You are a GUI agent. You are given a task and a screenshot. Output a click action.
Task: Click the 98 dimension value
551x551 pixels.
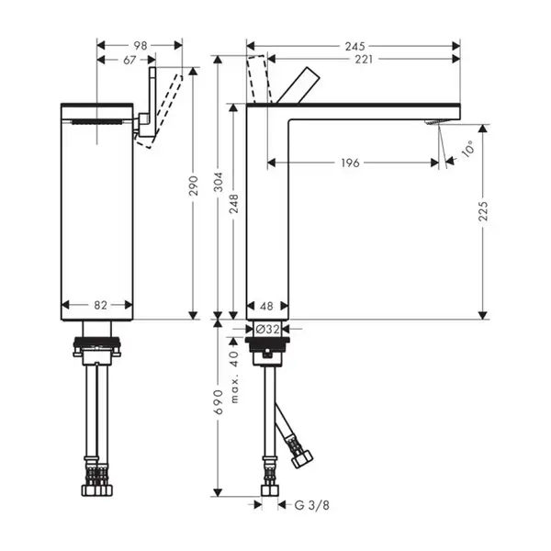[141, 46]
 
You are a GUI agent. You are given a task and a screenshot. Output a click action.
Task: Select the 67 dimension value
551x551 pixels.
[129, 60]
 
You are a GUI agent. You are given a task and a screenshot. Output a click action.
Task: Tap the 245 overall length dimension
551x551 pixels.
[354, 46]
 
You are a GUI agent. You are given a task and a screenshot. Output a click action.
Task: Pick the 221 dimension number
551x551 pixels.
[364, 60]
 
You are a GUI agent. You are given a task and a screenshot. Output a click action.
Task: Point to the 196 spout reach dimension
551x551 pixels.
[351, 163]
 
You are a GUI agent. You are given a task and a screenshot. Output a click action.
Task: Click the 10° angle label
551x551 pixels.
[468, 148]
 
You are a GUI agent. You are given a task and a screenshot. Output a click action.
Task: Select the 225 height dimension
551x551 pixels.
[483, 211]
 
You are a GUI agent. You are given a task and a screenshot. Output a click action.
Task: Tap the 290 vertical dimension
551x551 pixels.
[194, 186]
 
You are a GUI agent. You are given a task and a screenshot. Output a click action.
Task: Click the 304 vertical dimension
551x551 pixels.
[219, 182]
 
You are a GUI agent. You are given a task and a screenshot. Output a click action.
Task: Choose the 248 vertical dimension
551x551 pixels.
[233, 203]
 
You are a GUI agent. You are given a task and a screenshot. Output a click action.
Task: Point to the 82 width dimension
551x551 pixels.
[100, 305]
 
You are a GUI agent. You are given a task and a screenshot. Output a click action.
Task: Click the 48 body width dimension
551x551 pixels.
[266, 306]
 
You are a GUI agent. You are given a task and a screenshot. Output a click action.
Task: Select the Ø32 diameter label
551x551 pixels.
[268, 330]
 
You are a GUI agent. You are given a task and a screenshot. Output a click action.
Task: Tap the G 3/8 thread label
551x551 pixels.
[312, 505]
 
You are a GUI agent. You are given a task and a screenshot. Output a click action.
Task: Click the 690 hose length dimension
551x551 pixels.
[219, 401]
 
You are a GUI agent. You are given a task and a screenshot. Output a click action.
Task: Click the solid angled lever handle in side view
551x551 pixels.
[298, 85]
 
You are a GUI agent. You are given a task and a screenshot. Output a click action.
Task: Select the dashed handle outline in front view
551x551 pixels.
[160, 111]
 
